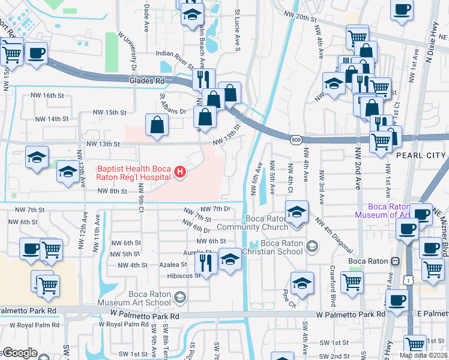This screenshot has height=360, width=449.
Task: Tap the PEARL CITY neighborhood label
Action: [x=421, y=155]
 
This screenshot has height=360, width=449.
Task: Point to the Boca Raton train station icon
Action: [x=395, y=262]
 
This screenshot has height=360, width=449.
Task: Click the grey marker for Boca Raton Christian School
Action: [x=311, y=246]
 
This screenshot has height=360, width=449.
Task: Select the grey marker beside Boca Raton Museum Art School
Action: [x=179, y=297]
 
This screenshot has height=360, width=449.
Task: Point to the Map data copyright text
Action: [x=423, y=355]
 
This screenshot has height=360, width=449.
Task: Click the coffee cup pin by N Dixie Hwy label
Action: [x=402, y=10]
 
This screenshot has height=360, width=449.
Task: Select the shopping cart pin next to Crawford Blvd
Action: [x=352, y=281]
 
